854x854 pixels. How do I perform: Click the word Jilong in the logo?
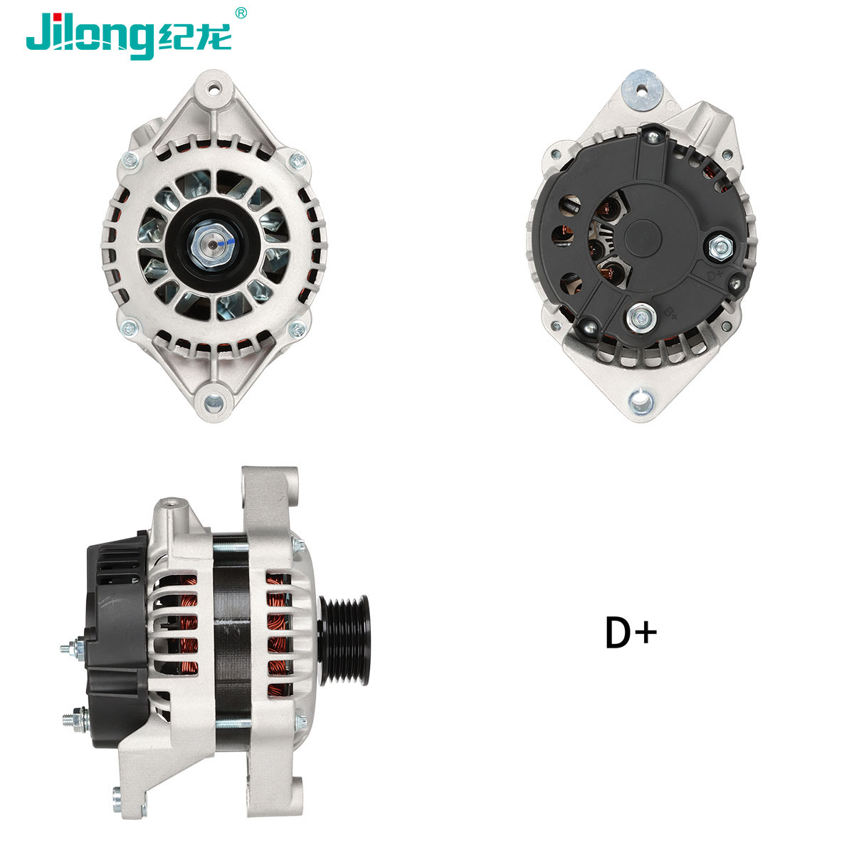[89, 33]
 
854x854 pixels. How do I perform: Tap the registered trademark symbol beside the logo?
[241, 12]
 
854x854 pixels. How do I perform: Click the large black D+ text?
[631, 632]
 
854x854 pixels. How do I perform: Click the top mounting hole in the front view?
[213, 90]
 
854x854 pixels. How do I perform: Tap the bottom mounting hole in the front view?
[213, 401]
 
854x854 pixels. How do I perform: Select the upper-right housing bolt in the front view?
[297, 159]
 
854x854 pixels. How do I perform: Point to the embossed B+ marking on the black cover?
[669, 312]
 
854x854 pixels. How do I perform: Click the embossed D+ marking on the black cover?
[715, 271]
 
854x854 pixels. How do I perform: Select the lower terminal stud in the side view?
[71, 719]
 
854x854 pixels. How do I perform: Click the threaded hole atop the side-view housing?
[171, 504]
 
